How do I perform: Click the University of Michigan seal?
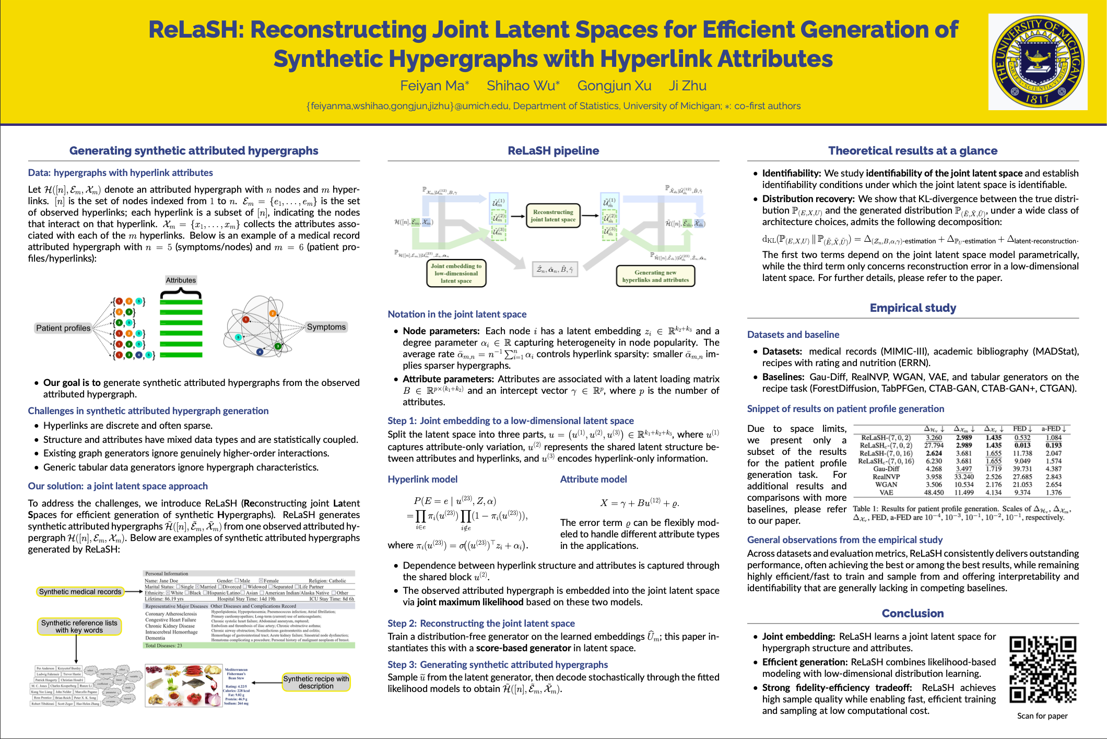click(1038, 62)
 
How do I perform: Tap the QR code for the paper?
click(1042, 670)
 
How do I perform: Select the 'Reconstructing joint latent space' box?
click(553, 216)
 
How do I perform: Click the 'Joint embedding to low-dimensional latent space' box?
click(456, 273)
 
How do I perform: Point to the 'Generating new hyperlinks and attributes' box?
click(655, 276)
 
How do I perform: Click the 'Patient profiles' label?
click(63, 328)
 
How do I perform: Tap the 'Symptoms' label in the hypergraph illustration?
click(326, 327)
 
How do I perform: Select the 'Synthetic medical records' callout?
click(80, 592)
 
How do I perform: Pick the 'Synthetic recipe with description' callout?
click(316, 682)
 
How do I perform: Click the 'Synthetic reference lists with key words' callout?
click(79, 626)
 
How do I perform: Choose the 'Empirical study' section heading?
click(913, 308)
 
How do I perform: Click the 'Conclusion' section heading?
click(912, 613)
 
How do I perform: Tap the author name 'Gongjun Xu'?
click(614, 86)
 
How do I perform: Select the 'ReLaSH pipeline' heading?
click(553, 150)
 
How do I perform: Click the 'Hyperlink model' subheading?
click(422, 479)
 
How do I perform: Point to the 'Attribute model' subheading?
click(593, 479)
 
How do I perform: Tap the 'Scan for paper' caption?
click(1042, 715)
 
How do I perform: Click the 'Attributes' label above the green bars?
click(181, 280)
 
